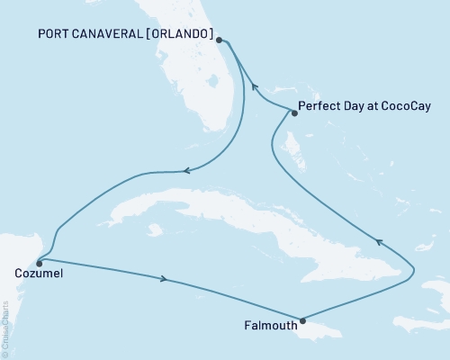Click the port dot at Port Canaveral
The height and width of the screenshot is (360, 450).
(x=220, y=40)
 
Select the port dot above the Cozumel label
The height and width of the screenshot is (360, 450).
(x=39, y=264)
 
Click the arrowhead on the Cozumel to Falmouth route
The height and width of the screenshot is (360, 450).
(x=164, y=279)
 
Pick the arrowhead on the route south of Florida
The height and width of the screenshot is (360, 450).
(x=186, y=170)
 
